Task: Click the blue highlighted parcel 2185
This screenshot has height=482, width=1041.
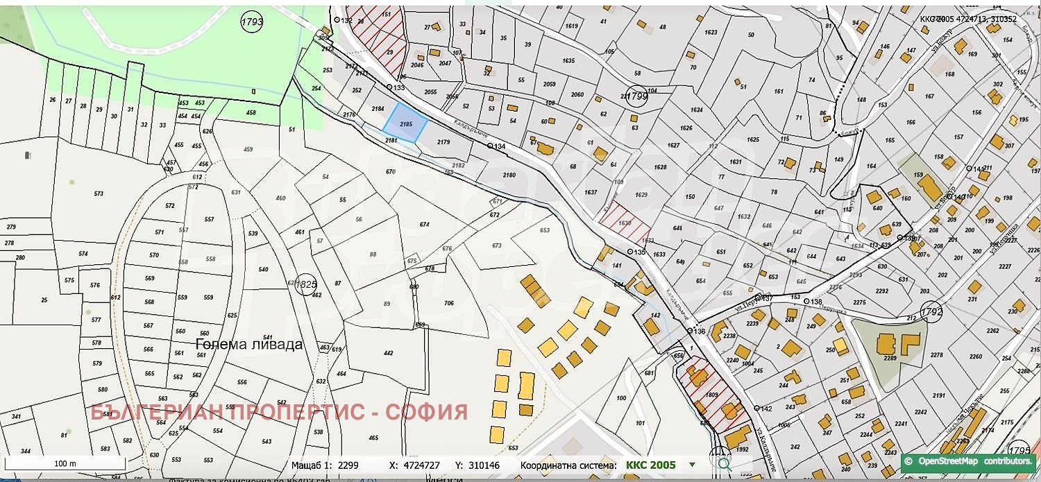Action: pyautogui.click(x=406, y=123)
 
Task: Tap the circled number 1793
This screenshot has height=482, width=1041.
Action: pyautogui.click(x=252, y=22)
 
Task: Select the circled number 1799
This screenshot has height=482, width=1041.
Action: pyautogui.click(x=636, y=96)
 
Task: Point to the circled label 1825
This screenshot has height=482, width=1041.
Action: pyautogui.click(x=305, y=284)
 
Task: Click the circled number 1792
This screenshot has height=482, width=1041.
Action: pyautogui.click(x=931, y=311)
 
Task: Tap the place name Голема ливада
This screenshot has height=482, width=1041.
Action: pyautogui.click(x=249, y=344)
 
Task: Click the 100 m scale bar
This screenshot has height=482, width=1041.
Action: pyautogui.click(x=65, y=463)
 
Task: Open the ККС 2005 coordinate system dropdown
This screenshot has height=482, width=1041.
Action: pyautogui.click(x=692, y=465)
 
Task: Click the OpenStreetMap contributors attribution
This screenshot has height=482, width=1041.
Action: pyautogui.click(x=970, y=461)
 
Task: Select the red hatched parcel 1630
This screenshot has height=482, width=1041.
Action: pyautogui.click(x=625, y=223)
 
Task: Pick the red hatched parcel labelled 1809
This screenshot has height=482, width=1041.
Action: pyautogui.click(x=712, y=397)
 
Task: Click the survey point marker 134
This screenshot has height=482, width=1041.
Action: pyautogui.click(x=490, y=146)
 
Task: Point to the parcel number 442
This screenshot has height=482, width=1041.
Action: pyautogui.click(x=388, y=353)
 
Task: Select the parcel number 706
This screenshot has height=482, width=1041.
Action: pyautogui.click(x=448, y=303)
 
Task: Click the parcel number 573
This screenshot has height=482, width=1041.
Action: pyautogui.click(x=99, y=193)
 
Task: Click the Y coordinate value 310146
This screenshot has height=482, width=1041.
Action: pyautogui.click(x=485, y=465)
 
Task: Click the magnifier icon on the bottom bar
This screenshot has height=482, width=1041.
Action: pyautogui.click(x=723, y=463)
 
